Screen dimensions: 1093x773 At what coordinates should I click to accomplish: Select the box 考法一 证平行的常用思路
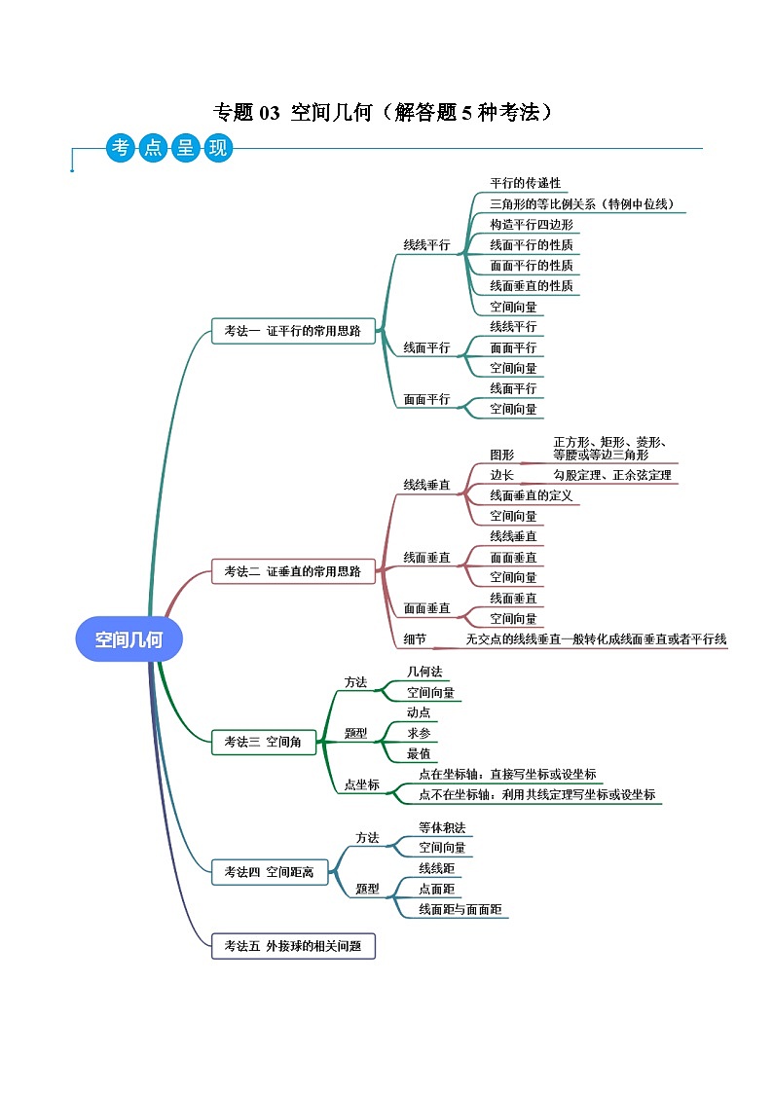[x=292, y=331]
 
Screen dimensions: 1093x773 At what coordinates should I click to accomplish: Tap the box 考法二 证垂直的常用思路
[x=292, y=571]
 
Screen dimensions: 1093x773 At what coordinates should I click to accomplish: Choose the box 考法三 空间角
[x=262, y=742]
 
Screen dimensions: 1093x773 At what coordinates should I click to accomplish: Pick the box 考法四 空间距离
[x=269, y=872]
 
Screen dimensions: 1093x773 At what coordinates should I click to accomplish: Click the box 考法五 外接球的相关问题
[x=292, y=945]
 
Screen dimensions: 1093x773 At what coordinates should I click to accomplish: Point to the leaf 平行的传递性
[x=525, y=183]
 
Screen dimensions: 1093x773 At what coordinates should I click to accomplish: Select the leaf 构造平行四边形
[x=531, y=224]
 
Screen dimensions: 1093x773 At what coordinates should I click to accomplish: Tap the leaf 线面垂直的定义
[x=531, y=495]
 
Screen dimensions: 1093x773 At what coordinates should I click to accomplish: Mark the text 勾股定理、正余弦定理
[x=612, y=475]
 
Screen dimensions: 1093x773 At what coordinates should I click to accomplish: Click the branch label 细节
[x=415, y=638]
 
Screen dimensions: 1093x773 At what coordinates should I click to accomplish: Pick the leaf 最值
[x=419, y=753]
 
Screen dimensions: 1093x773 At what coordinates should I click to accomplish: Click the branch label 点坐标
[x=362, y=784]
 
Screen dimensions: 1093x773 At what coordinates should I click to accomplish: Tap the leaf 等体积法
[x=442, y=827]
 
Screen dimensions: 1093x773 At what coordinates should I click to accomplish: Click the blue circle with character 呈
[x=183, y=148]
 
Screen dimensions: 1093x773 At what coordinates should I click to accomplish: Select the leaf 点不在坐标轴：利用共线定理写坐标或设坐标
[x=536, y=794]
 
